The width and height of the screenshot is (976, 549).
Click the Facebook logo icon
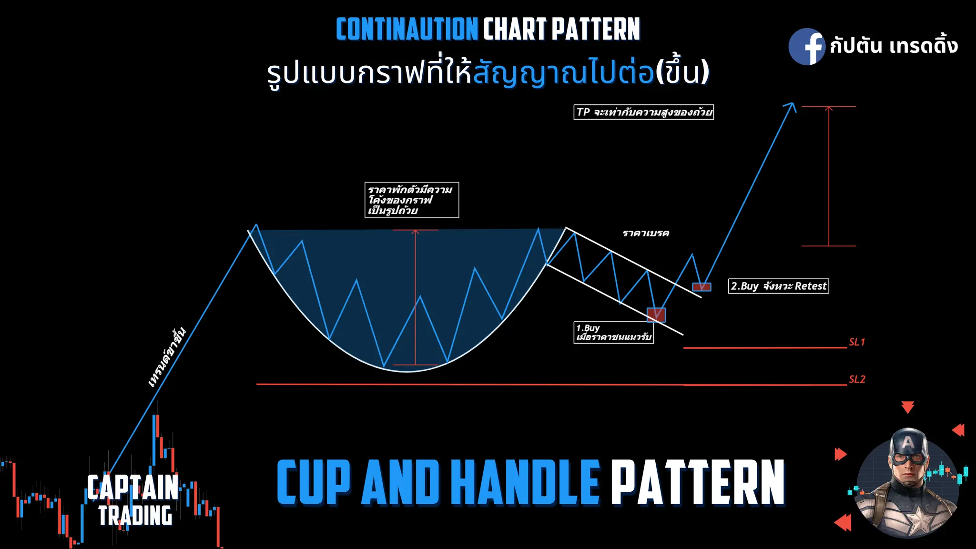(806, 46)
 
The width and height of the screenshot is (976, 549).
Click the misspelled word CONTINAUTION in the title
(407, 30)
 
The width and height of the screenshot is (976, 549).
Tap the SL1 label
(857, 342)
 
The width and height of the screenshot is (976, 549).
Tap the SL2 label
(857, 379)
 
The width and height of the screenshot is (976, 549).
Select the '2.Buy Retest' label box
(778, 286)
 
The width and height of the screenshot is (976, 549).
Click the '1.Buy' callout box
(614, 333)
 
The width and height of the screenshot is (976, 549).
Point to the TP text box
(643, 112)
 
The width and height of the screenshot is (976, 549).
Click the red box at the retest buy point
(701, 287)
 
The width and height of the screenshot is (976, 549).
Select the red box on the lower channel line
(656, 315)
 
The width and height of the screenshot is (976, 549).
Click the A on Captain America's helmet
(908, 442)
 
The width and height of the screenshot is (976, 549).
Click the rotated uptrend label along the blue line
(166, 357)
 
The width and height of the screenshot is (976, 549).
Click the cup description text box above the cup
(412, 200)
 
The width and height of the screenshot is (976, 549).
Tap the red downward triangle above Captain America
(907, 407)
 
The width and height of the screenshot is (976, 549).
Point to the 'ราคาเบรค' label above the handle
(646, 233)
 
